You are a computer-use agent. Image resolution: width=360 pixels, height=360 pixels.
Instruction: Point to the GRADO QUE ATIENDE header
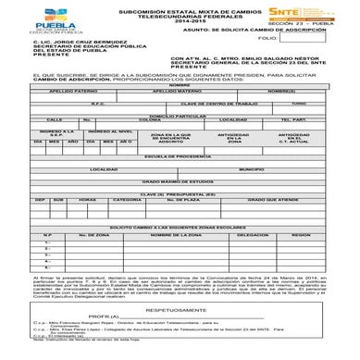272,226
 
